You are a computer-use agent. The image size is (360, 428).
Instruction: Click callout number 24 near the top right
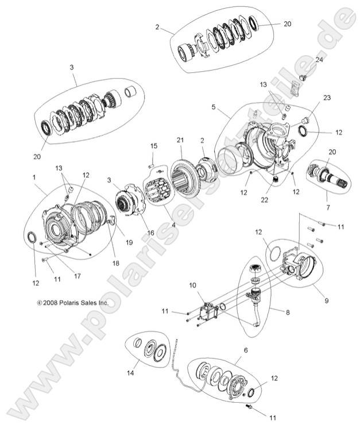click(319, 60)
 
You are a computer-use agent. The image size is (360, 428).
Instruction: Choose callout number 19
click(129, 242)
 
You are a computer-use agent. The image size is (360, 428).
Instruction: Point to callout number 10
click(192, 285)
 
